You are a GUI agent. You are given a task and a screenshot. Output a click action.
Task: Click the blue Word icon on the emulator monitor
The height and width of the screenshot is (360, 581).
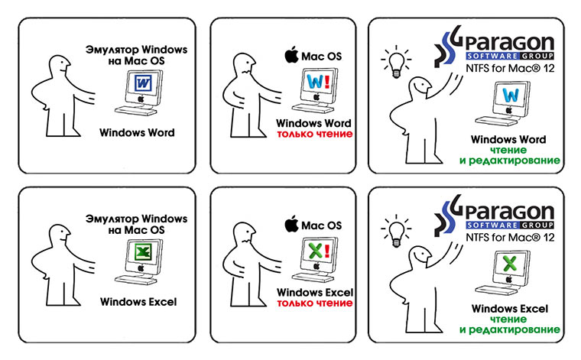click(141, 83)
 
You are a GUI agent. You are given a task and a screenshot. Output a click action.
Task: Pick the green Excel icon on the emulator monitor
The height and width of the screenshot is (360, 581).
click(141, 251)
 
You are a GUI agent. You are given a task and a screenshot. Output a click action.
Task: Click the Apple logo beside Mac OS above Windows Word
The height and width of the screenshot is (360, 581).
click(290, 56)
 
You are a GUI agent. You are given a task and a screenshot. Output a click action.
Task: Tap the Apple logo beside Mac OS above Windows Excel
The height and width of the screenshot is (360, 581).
click(290, 225)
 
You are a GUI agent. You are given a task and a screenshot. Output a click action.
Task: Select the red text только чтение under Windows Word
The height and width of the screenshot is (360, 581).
click(314, 135)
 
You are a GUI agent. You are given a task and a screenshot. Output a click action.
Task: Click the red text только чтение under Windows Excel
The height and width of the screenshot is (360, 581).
click(314, 303)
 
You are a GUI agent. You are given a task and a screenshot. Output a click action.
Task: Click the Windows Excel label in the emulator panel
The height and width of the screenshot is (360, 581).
click(138, 302)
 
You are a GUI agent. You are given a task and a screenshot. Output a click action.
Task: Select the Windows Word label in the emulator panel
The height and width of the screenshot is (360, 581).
click(138, 133)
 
